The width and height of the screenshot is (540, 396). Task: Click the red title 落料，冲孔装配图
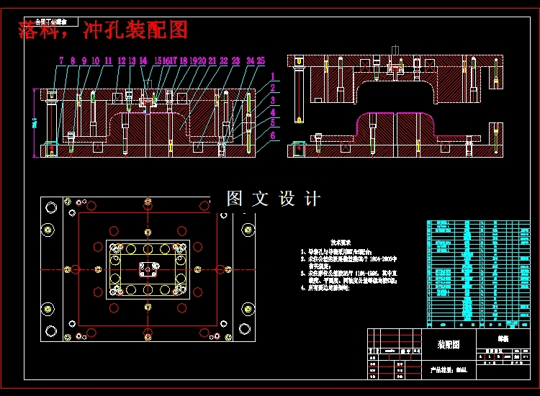[x=102, y=30]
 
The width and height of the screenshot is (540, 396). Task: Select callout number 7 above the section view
[x=61, y=60]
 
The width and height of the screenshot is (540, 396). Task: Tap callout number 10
[x=96, y=60]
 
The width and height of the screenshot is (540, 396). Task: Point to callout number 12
[x=121, y=60]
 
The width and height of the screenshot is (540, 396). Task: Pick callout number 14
[x=143, y=60]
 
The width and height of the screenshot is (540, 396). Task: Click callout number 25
[x=261, y=60]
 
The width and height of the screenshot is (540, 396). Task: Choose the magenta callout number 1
[x=274, y=76]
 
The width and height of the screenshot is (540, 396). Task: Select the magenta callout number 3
[x=274, y=100]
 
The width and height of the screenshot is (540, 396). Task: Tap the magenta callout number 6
[x=274, y=135]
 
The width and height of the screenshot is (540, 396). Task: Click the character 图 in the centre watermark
[x=235, y=198]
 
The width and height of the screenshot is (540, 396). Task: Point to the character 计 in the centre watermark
[x=312, y=198]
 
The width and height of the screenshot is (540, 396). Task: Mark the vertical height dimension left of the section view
[x=35, y=124]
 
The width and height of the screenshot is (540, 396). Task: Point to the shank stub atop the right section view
[x=394, y=52]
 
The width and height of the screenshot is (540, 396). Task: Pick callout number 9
[x=84, y=60]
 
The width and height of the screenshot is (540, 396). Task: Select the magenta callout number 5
[x=274, y=122]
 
